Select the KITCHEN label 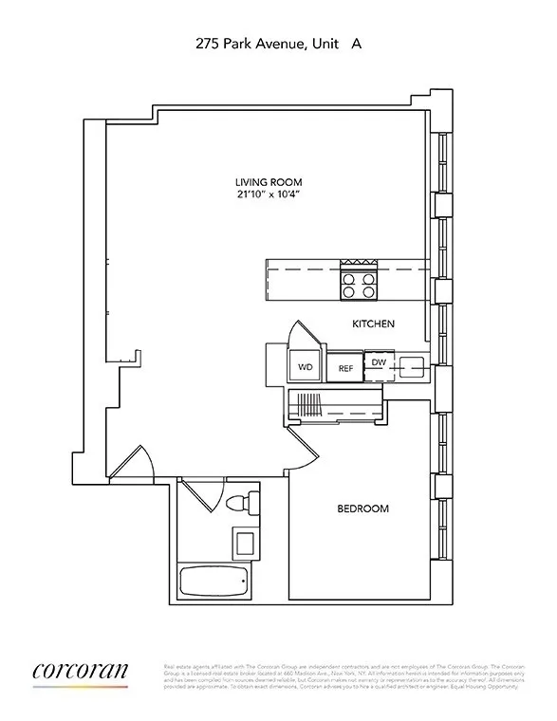pyautogui.click(x=373, y=324)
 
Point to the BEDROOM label pyautogui.click(x=363, y=509)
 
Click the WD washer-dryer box pyautogui.click(x=306, y=366)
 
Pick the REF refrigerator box pyautogui.click(x=345, y=367)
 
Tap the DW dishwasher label pyautogui.click(x=378, y=362)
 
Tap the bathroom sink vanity pyautogui.click(x=245, y=544)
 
